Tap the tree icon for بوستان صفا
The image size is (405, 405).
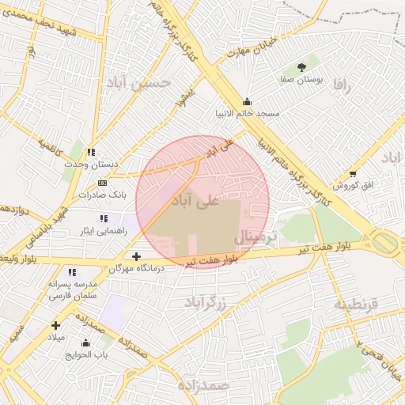[x=301, y=67]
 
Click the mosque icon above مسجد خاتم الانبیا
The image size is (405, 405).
[x=248, y=101]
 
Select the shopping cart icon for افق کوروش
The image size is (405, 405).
[x=353, y=173]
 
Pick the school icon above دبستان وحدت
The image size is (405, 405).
[x=91, y=152]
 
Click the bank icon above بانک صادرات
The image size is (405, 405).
[x=102, y=183]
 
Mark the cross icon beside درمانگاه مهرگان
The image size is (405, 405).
[x=137, y=256]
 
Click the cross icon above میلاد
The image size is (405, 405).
[x=55, y=325]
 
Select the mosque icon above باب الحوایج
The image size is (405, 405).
[x=85, y=343]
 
